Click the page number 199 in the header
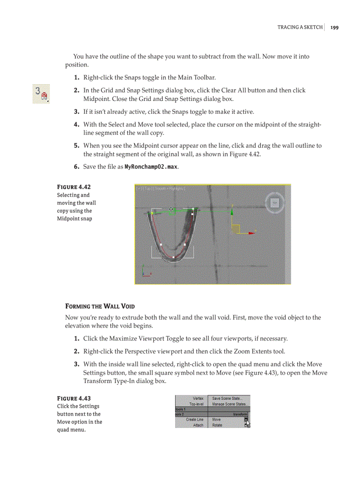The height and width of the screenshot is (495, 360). (334, 27)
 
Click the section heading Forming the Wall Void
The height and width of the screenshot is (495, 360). (100, 306)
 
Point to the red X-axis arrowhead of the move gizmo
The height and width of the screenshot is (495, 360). (252, 233)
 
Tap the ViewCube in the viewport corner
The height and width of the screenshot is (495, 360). (275, 203)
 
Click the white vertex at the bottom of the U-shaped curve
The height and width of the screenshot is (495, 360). (173, 257)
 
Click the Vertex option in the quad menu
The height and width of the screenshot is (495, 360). (198, 398)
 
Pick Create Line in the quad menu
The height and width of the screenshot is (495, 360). (195, 420)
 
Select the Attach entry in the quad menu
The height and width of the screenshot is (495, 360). (198, 425)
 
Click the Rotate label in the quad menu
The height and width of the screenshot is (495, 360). (217, 425)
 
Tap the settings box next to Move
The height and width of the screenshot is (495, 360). (246, 420)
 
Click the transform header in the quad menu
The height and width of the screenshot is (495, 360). (240, 414)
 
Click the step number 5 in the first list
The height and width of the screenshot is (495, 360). (76, 145)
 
